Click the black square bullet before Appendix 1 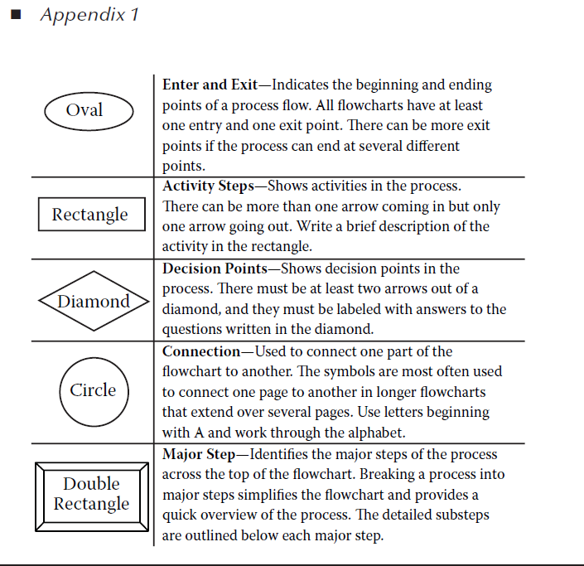coord(16,15)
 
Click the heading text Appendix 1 coord(89,15)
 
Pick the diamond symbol coord(94,271)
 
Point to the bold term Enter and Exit coord(210,85)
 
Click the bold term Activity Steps coord(208,186)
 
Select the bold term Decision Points coord(215,268)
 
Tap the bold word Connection coord(201,351)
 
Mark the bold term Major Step coord(199,454)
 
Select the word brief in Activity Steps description coord(360,226)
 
